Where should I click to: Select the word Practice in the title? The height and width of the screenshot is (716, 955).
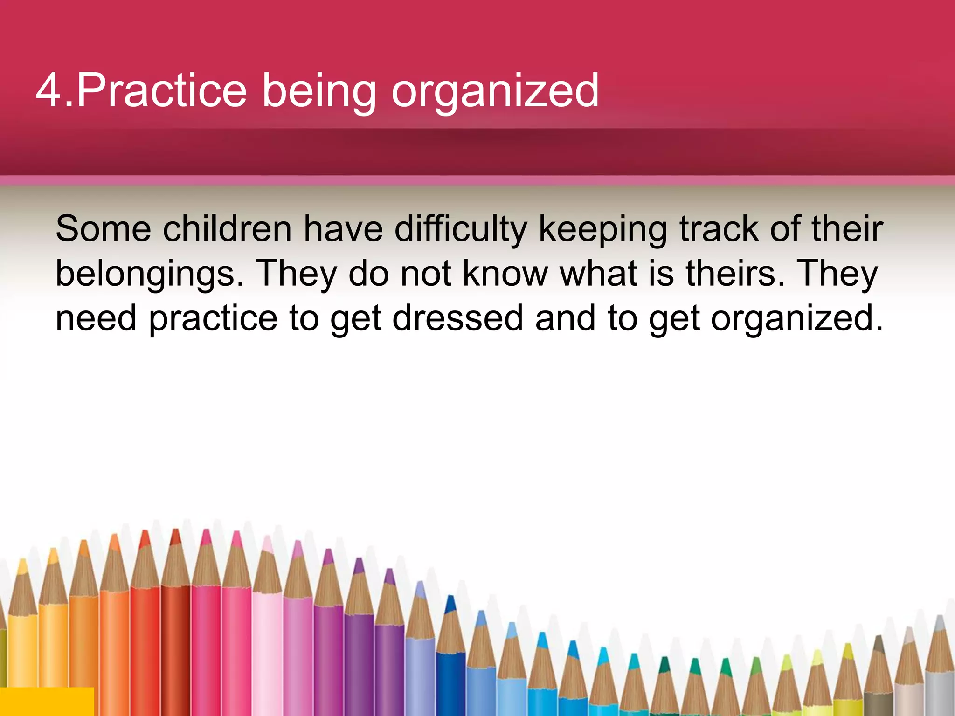[161, 90]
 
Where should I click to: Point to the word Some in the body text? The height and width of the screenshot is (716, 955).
[103, 229]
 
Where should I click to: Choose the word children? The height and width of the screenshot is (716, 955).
[227, 229]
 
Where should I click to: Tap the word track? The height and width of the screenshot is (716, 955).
[719, 229]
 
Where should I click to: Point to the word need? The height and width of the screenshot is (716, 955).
[96, 319]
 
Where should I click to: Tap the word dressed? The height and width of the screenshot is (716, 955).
[457, 318]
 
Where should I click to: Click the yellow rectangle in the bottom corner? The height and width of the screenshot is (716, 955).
[47, 701]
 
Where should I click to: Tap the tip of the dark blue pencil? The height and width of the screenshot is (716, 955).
[450, 599]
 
